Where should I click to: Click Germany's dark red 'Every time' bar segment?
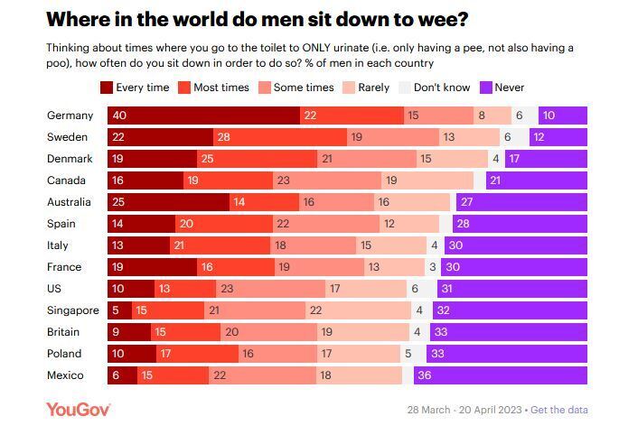[203, 116]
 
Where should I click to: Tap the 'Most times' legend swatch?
[184, 88]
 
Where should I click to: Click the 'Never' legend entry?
[502, 88]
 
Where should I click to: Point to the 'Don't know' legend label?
[442, 88]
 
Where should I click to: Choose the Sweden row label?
[67, 137]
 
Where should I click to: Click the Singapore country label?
[72, 310]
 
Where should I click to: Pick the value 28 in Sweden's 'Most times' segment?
[224, 137]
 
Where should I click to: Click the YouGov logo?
[78, 410]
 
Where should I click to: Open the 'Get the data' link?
[559, 410]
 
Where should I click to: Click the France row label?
[64, 267]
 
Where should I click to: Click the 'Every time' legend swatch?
[107, 88]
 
